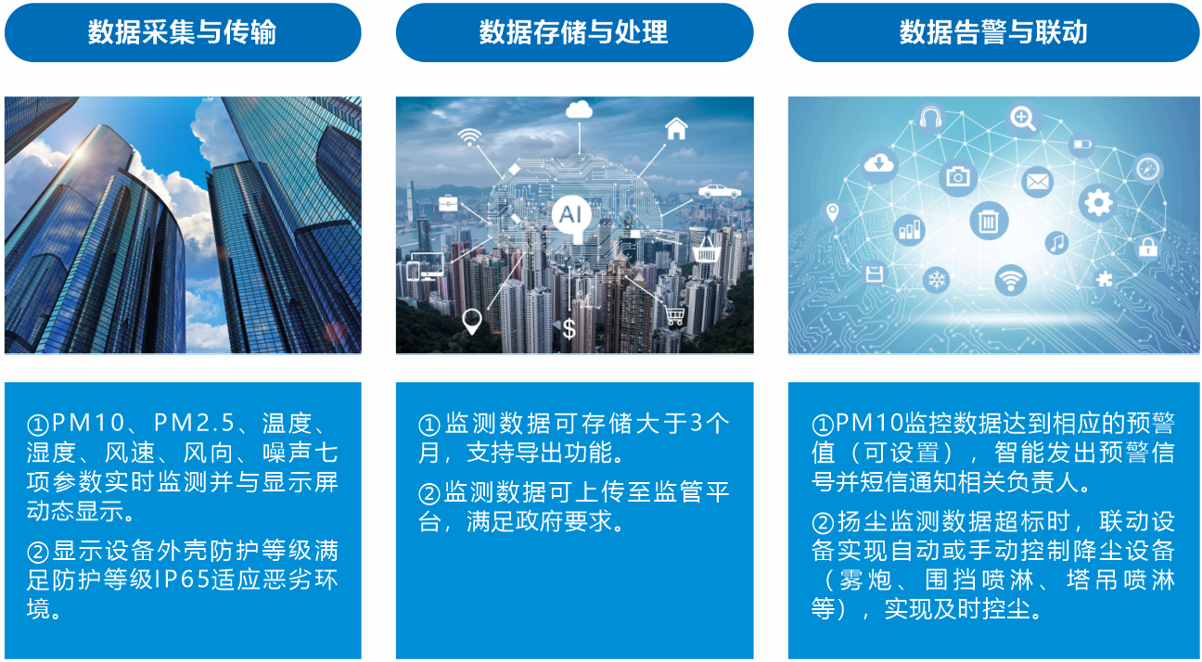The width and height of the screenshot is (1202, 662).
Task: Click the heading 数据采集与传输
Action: [182, 32]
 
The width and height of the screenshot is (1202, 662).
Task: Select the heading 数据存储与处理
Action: [573, 32]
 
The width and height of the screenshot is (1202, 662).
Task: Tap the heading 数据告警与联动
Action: [993, 32]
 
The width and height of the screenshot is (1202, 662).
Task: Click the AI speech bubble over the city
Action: [571, 217]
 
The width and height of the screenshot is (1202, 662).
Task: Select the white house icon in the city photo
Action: [676, 129]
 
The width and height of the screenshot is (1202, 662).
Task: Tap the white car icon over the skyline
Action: [719, 191]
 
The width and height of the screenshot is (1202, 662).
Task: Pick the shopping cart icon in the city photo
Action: [674, 314]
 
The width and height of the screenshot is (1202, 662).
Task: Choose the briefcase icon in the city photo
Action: [448, 203]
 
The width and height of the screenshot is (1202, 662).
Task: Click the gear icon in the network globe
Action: [1098, 203]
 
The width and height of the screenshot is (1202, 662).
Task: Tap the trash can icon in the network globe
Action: [989, 221]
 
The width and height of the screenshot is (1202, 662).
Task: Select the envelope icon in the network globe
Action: [1037, 182]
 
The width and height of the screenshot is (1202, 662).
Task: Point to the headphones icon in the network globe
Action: [930, 118]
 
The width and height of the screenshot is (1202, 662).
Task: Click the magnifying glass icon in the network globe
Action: [1023, 118]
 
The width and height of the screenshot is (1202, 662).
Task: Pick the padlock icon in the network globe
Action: [1148, 248]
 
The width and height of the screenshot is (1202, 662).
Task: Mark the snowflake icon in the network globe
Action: [937, 279]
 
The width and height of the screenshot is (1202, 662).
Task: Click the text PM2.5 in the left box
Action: [194, 423]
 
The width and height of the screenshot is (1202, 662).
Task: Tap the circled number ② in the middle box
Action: [429, 493]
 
